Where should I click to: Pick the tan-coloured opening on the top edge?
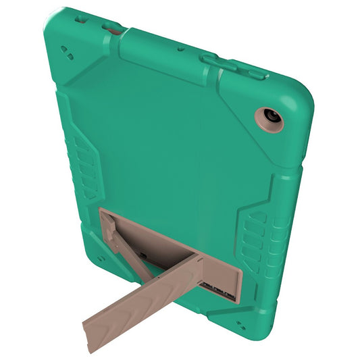[x=111, y=28]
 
